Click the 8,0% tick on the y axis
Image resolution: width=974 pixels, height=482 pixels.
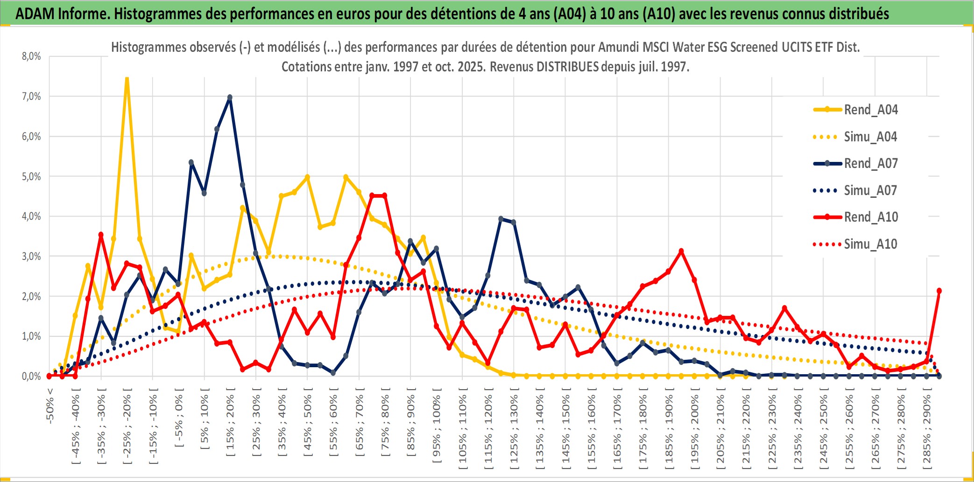point(31,56)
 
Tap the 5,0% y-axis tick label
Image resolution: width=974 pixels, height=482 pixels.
point(31,176)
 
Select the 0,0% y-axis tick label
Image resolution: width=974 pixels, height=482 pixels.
point(31,376)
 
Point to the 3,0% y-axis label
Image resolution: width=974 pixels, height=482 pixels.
point(31,256)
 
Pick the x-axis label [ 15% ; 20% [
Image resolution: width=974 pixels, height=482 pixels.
point(230,425)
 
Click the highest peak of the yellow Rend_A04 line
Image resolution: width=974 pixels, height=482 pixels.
point(127,78)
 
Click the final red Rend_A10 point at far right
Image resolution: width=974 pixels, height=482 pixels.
point(939,291)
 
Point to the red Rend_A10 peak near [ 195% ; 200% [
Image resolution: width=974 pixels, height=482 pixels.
point(681,251)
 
